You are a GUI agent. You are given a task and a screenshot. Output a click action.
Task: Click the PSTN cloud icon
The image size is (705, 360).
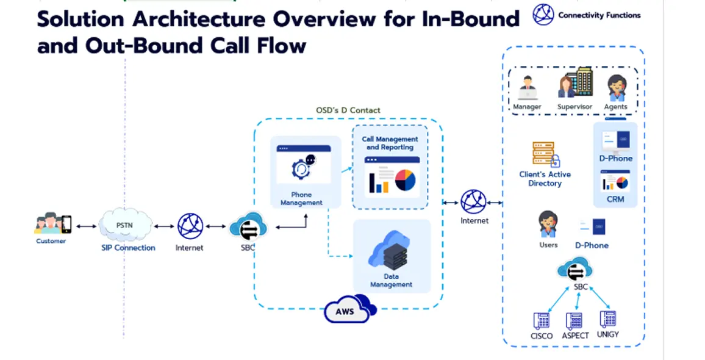click(x=125, y=225)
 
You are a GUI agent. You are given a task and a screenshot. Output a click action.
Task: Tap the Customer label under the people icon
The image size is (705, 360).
click(x=51, y=241)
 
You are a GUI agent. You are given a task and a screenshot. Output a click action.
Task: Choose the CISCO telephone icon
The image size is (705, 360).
click(x=541, y=320)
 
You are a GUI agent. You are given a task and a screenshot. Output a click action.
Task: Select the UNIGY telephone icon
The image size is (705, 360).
click(x=608, y=319)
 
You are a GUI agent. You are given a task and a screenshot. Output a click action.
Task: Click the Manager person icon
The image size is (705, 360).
click(x=527, y=88)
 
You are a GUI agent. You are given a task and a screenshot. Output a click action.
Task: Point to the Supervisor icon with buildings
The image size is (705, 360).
click(x=574, y=84)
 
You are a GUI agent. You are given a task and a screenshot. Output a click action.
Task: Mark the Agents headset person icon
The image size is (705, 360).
click(x=616, y=88)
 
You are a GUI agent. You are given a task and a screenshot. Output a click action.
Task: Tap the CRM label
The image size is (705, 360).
click(x=615, y=199)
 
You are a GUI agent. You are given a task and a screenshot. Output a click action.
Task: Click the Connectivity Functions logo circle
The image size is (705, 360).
click(x=543, y=15)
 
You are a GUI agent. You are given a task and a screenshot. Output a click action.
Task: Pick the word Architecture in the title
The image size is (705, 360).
click(x=200, y=19)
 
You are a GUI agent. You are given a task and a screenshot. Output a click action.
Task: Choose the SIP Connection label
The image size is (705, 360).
click(x=128, y=248)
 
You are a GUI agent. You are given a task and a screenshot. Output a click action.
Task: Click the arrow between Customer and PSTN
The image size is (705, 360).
click(x=87, y=226)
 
